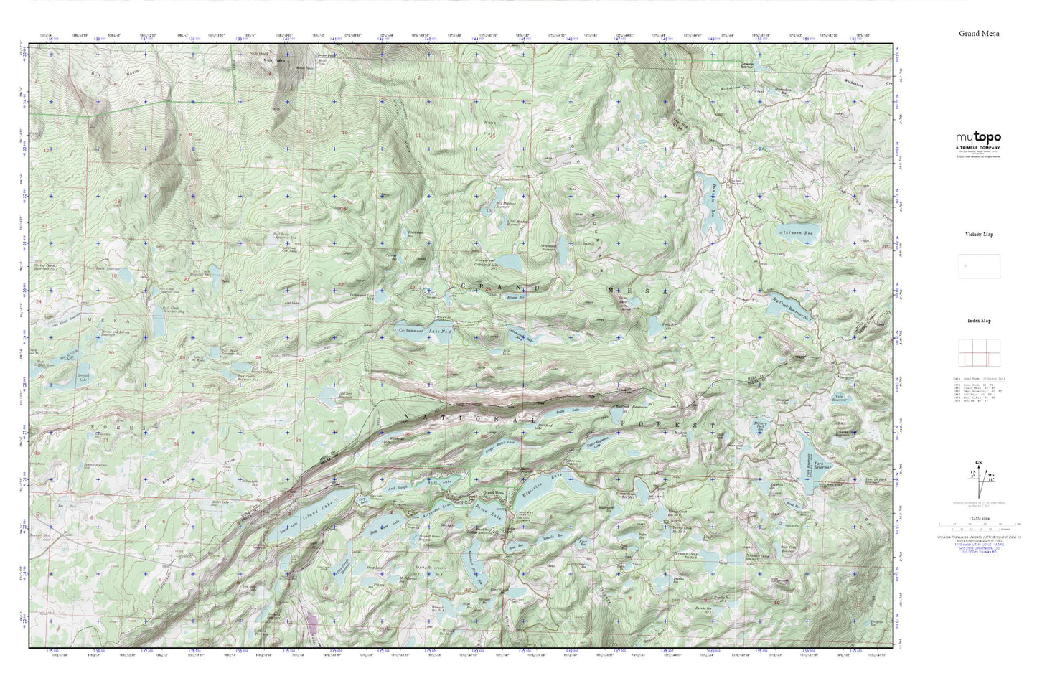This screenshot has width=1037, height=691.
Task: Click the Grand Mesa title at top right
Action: coord(979,33)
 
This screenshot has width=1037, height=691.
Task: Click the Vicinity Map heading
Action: coord(979,234)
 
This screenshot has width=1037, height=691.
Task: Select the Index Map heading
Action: coord(979,321)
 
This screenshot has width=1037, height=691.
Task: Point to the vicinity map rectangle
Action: coord(979,266)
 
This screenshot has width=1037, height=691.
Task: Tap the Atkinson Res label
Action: coord(797,232)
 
